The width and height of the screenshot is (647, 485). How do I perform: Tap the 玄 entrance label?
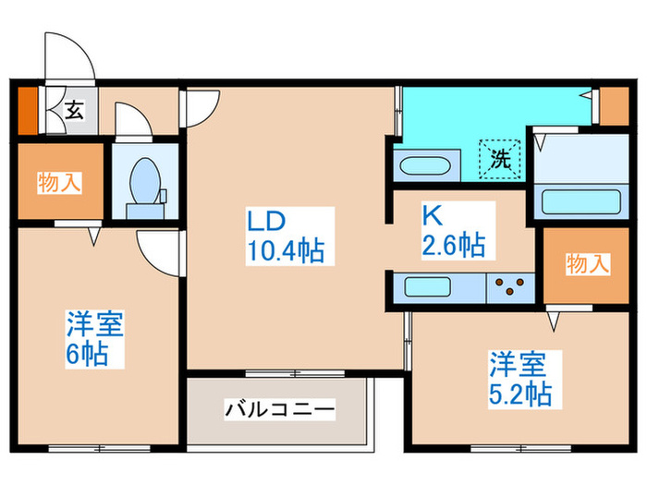click(x=73, y=111)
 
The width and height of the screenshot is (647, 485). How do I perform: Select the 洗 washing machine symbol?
click(x=500, y=158)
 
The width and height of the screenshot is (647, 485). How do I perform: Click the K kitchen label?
click(x=431, y=216)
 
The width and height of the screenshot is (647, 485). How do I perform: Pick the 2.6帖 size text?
click(x=453, y=246)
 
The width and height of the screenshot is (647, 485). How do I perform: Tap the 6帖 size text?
click(x=86, y=353)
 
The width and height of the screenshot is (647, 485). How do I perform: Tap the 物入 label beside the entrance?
click(x=58, y=182)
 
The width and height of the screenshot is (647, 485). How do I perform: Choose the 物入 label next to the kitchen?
click(x=587, y=265)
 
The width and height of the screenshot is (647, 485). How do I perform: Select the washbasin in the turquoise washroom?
click(x=422, y=169)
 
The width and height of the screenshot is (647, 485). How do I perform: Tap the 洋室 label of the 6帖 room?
click(x=93, y=324)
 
